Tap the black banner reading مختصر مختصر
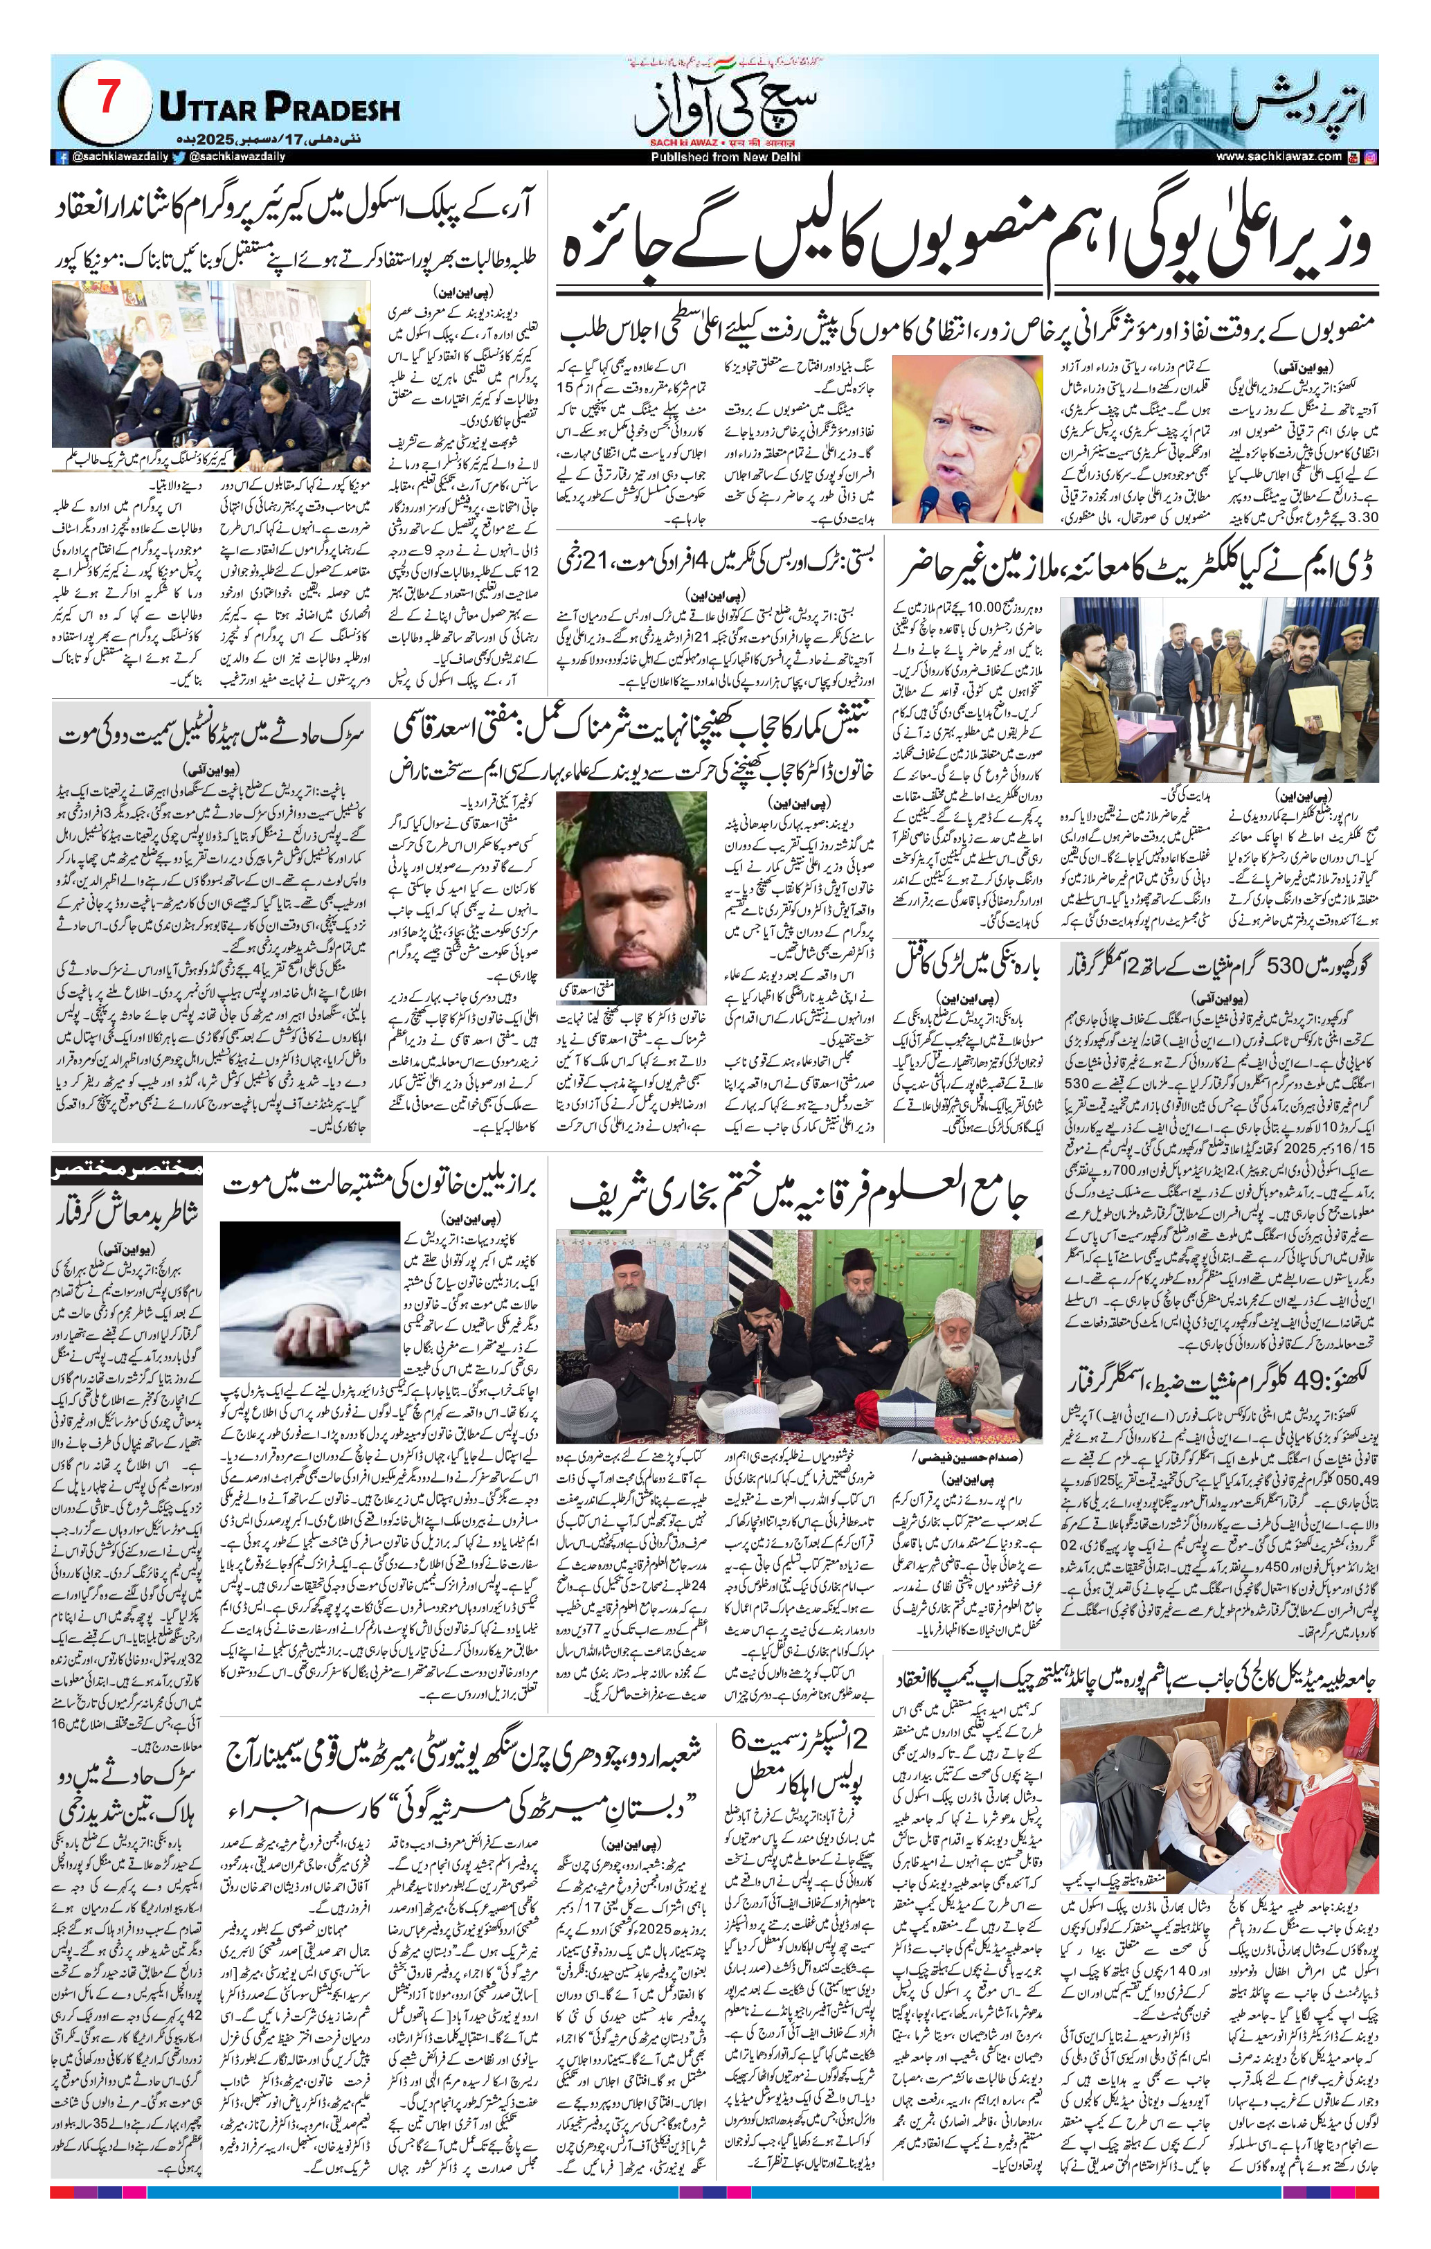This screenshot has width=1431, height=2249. click(x=127, y=1170)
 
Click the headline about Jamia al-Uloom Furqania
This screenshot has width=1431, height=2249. click(x=799, y=1197)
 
